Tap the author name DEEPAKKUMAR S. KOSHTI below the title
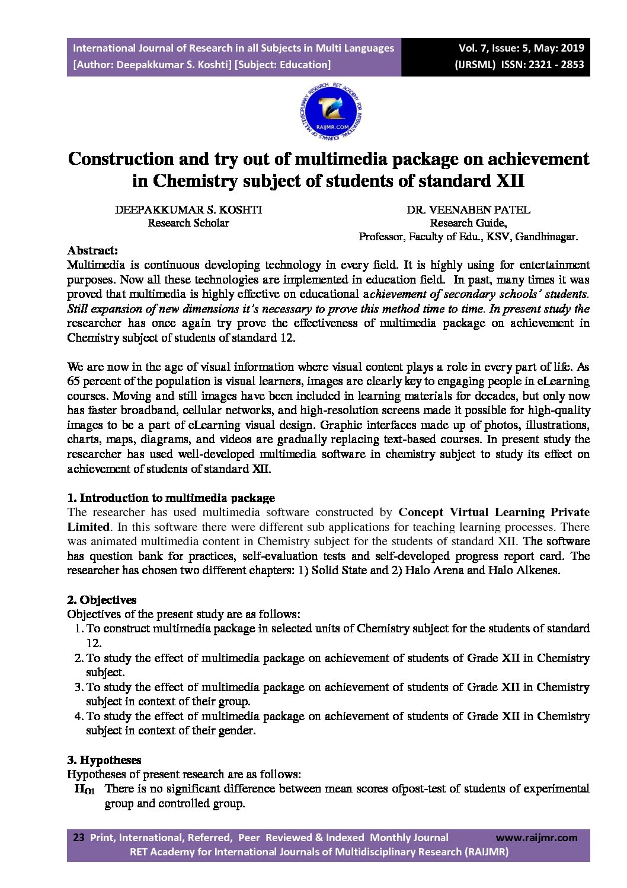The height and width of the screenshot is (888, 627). (188, 210)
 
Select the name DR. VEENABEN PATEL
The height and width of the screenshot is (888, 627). (468, 210)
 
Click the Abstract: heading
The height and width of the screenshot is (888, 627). (92, 250)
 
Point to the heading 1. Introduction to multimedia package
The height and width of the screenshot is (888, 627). (171, 498)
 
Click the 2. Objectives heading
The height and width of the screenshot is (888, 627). (102, 600)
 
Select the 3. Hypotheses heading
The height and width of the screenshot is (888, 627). (104, 760)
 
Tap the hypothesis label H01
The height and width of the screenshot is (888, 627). (84, 790)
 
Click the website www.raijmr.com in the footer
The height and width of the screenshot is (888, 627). (536, 838)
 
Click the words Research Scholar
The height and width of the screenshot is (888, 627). (188, 224)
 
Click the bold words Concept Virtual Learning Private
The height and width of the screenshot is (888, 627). (494, 512)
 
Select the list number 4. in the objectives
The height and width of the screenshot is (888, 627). (79, 717)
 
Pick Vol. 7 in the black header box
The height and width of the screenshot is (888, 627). (472, 49)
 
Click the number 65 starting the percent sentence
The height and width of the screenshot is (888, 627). (73, 381)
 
